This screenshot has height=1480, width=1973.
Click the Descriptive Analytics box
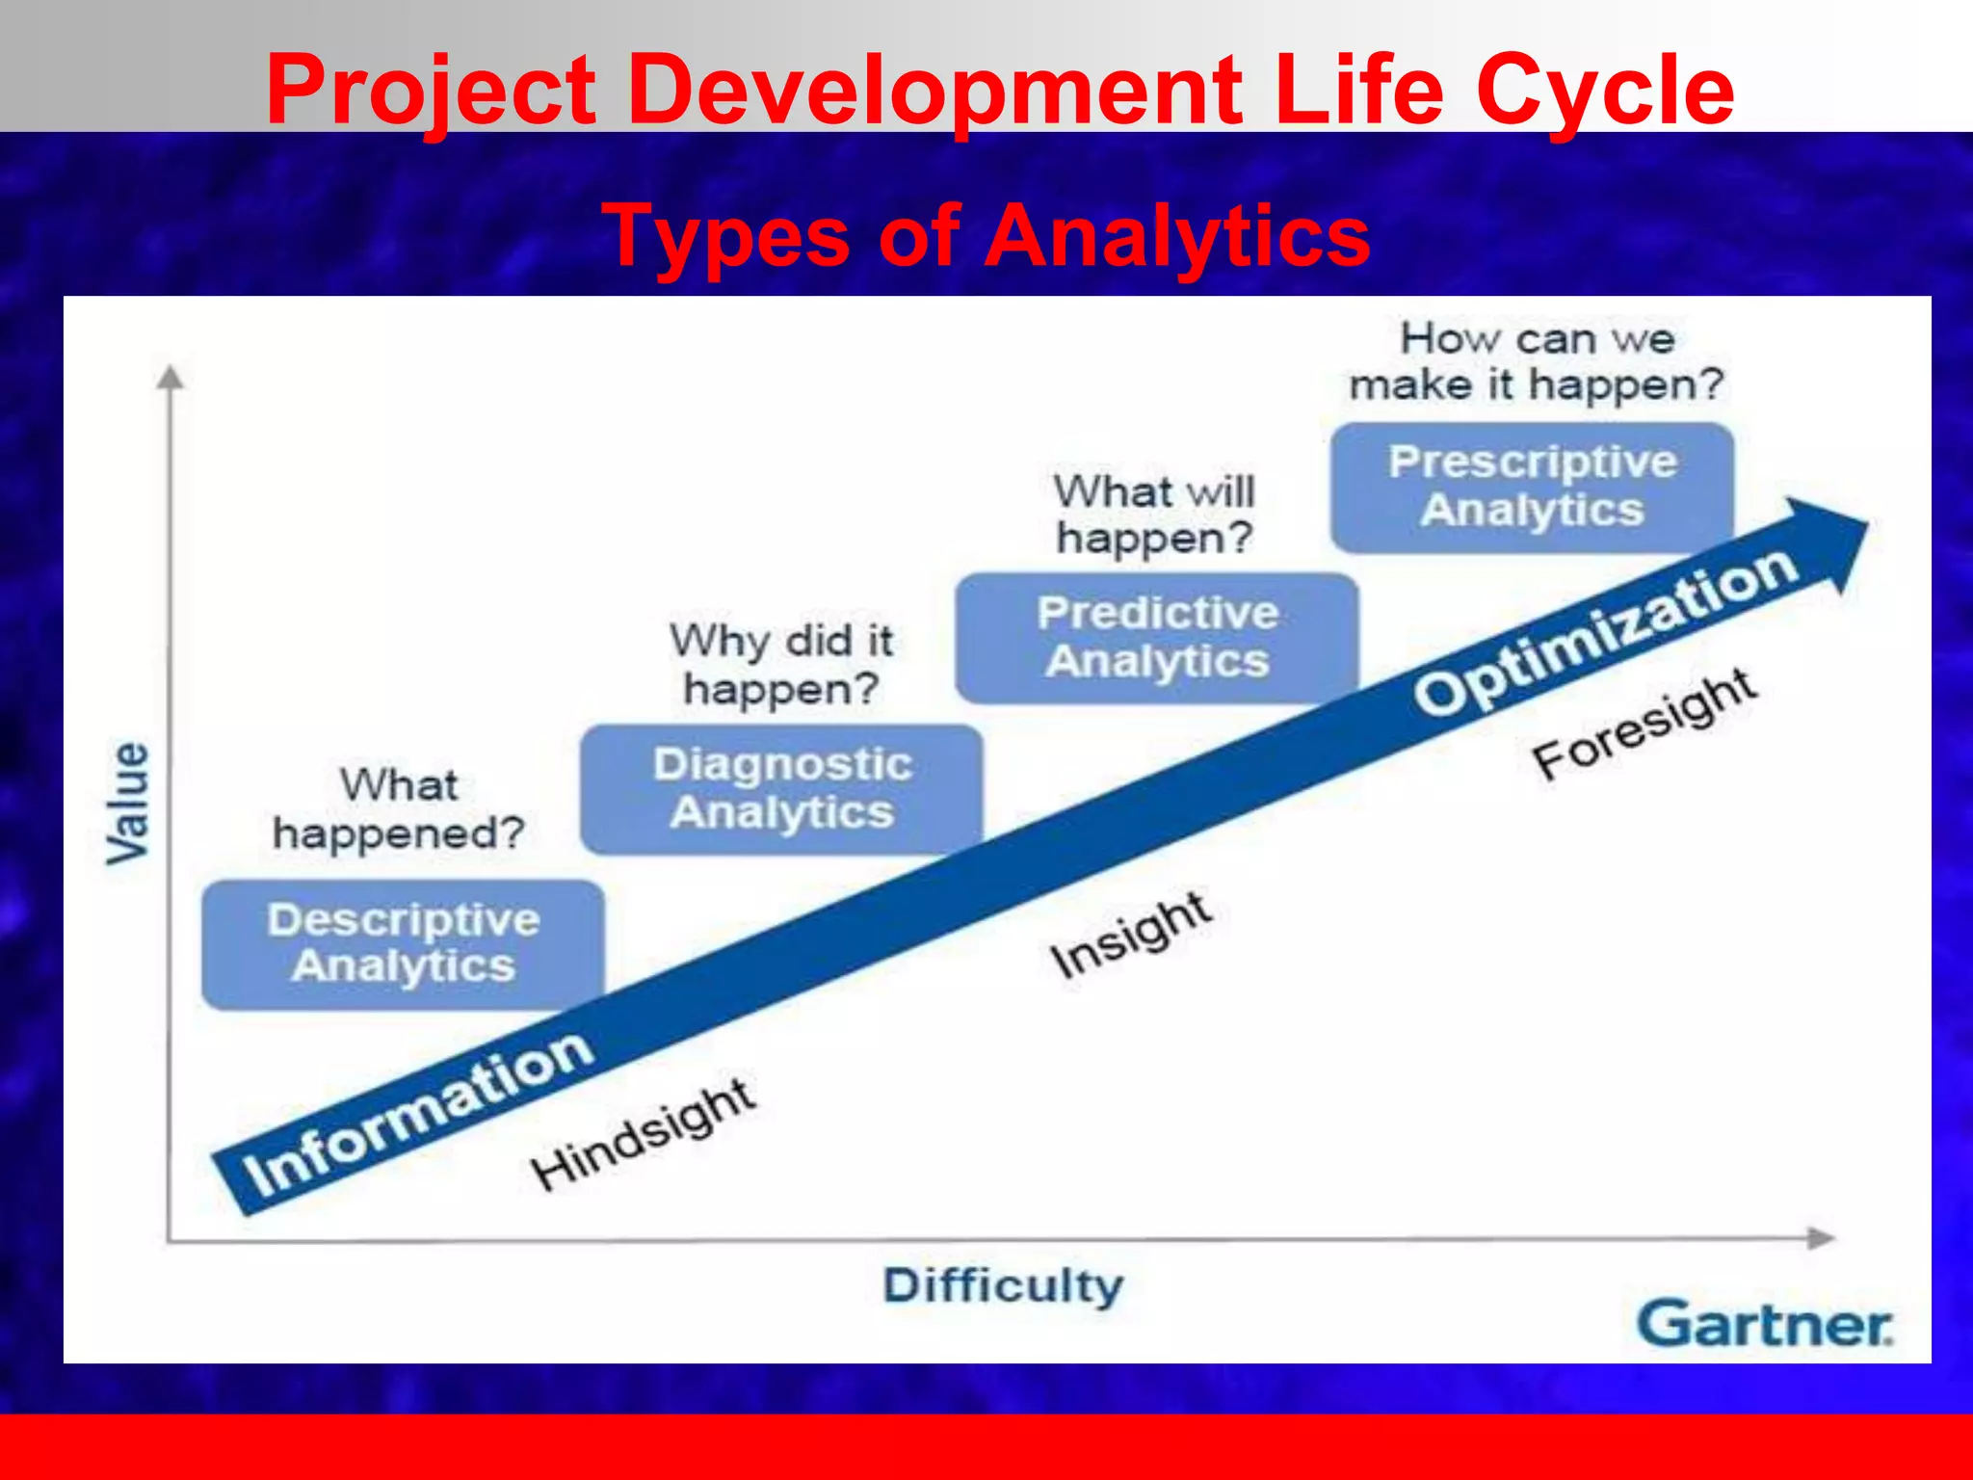click(403, 943)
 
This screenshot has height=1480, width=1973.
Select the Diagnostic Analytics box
click(781, 788)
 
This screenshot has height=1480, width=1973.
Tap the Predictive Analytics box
click(1157, 637)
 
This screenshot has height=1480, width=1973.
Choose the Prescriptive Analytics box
click(1532, 486)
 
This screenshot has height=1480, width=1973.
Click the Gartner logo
click(1764, 1324)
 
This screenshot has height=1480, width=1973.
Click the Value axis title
click(128, 803)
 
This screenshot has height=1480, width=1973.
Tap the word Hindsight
click(644, 1134)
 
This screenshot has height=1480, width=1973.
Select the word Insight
click(1130, 934)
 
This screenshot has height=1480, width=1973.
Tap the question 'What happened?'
click(398, 809)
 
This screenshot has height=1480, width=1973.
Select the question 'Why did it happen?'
click(781, 664)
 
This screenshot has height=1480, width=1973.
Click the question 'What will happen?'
click(1154, 514)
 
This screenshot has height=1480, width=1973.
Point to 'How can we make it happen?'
click(1536, 361)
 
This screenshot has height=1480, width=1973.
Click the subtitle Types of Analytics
click(986, 236)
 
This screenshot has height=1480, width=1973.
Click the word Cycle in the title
click(1604, 90)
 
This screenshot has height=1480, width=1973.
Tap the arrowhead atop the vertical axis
click(171, 377)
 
